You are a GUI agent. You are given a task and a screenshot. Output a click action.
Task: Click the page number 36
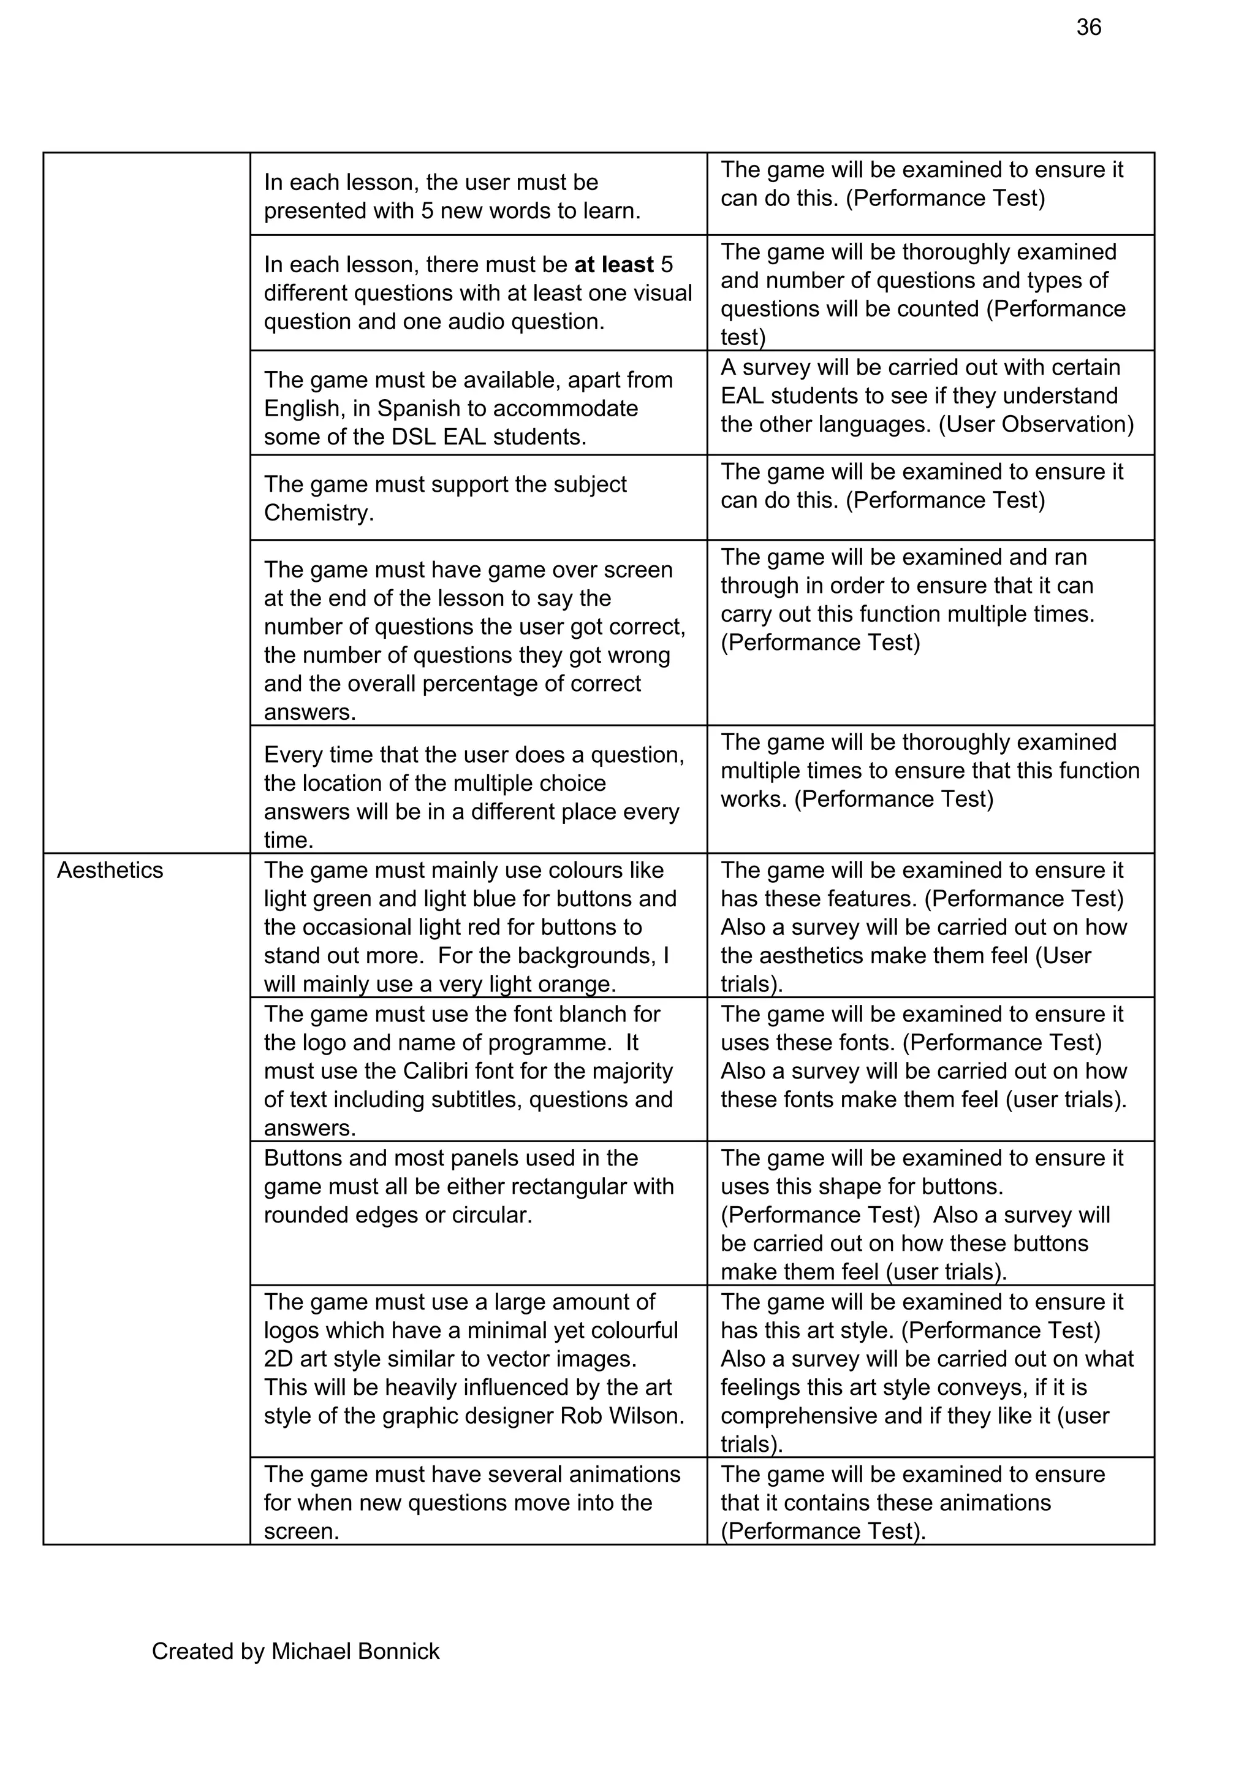(1088, 28)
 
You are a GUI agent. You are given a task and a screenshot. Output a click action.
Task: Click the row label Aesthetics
(110, 871)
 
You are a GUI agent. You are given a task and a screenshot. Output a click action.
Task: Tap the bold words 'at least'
(614, 265)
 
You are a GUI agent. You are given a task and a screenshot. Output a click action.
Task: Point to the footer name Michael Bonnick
(355, 1652)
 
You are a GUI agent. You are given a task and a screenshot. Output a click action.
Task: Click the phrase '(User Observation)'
(1035, 424)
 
